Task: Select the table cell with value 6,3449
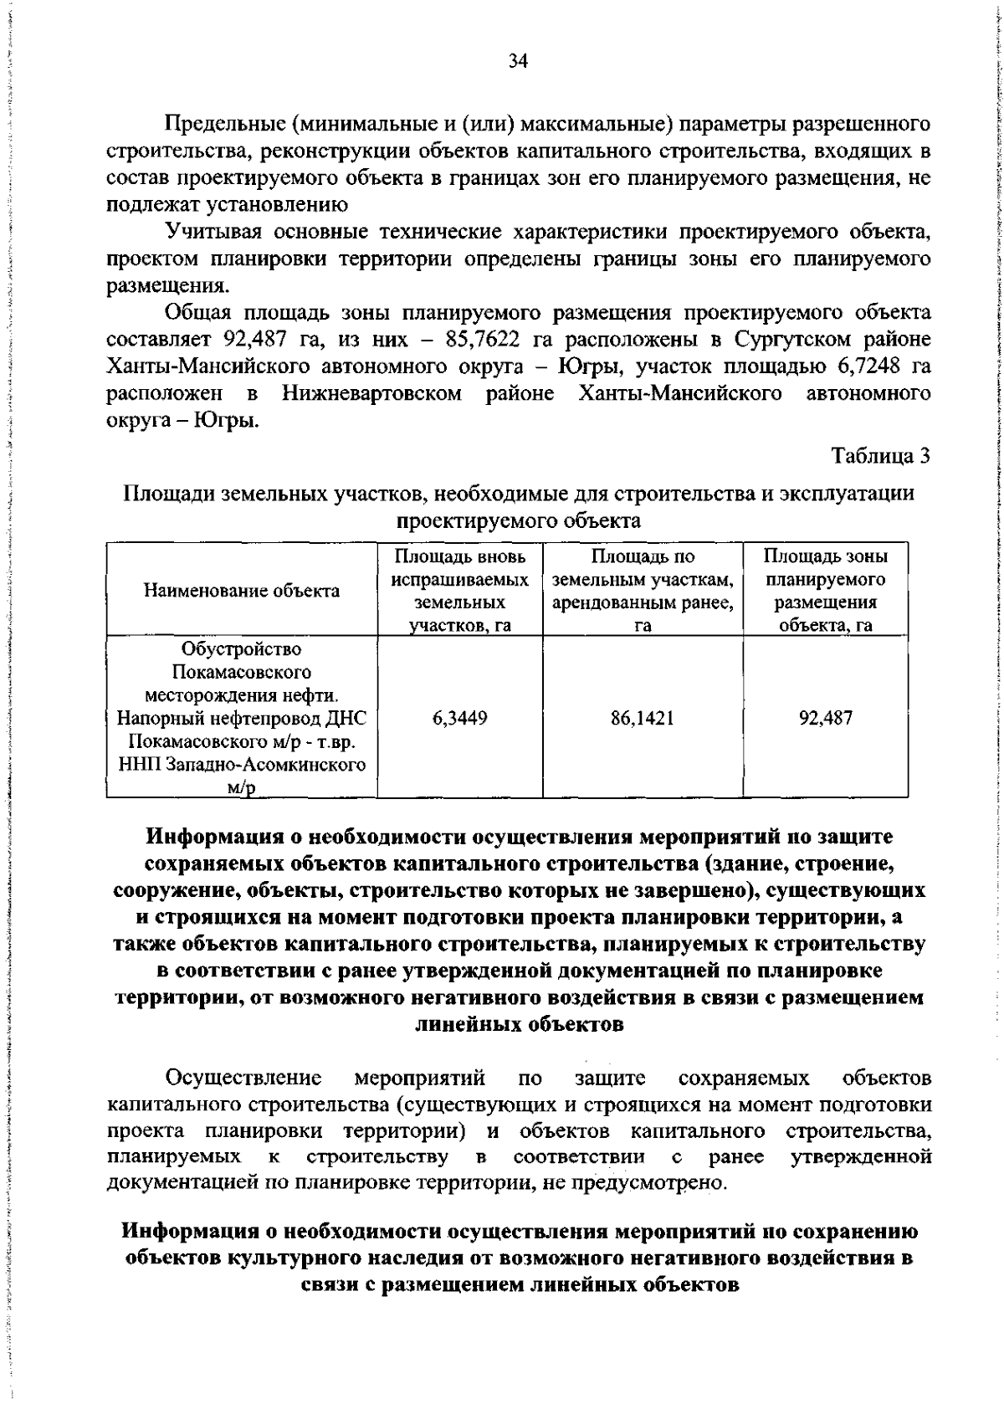point(459,717)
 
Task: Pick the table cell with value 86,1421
point(642,717)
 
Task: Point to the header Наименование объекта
point(242,591)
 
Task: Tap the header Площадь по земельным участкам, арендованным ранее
point(642,591)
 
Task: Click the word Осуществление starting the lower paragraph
point(243,1076)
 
